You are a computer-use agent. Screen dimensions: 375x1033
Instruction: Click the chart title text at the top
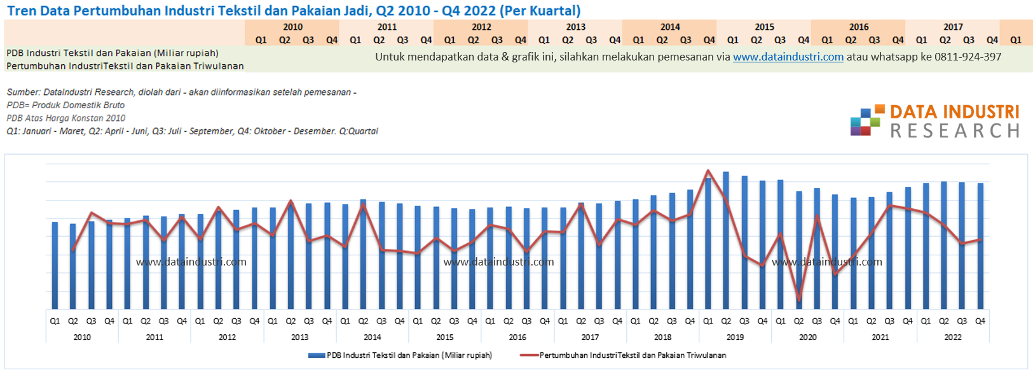click(294, 11)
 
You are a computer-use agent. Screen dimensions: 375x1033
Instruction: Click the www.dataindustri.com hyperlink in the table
click(788, 57)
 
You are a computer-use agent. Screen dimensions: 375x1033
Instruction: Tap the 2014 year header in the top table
click(670, 27)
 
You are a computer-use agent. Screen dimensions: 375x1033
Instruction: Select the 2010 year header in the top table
click(292, 27)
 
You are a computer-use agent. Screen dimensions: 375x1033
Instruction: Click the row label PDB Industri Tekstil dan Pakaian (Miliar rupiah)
click(113, 53)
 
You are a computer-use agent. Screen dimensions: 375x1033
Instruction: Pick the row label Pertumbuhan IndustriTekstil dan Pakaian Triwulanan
click(125, 66)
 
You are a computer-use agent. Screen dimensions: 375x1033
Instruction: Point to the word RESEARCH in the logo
click(955, 131)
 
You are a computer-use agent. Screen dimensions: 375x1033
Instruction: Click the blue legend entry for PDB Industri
click(400, 355)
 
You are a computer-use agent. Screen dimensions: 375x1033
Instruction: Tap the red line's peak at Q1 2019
click(708, 171)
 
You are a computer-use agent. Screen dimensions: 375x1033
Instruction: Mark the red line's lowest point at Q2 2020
click(799, 301)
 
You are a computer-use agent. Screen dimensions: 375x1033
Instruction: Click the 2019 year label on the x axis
click(735, 337)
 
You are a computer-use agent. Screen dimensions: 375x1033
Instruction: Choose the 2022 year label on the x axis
click(953, 337)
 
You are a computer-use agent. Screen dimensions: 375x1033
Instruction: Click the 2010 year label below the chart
click(82, 337)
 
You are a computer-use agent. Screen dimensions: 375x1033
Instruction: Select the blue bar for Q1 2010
click(55, 266)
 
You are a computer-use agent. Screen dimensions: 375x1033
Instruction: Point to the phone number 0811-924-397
click(968, 57)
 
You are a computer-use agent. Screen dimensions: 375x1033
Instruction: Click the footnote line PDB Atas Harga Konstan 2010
click(66, 118)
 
